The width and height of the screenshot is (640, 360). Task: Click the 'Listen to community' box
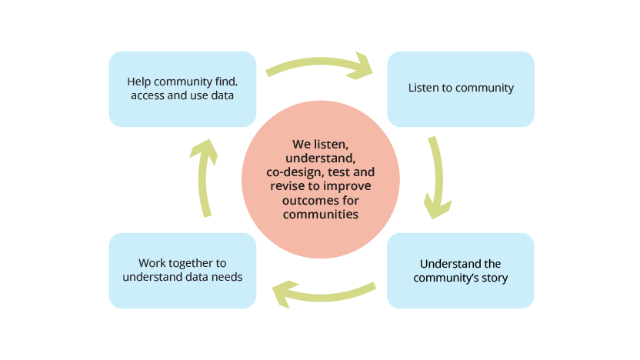460,88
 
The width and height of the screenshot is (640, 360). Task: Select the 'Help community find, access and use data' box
182,88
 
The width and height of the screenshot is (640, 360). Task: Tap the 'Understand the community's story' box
460,271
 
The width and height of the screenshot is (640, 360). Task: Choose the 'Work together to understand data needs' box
182,271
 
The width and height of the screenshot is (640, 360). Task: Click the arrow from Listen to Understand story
438,177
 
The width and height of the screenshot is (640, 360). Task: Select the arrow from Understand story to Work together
323,292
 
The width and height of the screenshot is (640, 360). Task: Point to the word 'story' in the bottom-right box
493,278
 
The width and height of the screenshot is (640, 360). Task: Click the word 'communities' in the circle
321,215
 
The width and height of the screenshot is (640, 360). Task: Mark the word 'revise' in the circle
285,187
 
